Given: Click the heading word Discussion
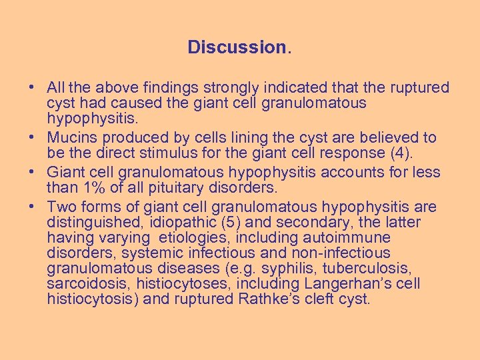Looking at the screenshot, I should click(x=237, y=47).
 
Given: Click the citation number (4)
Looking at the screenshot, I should click(x=400, y=154).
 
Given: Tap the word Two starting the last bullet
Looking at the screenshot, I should click(x=62, y=206).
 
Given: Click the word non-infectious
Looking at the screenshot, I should click(x=341, y=253).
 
